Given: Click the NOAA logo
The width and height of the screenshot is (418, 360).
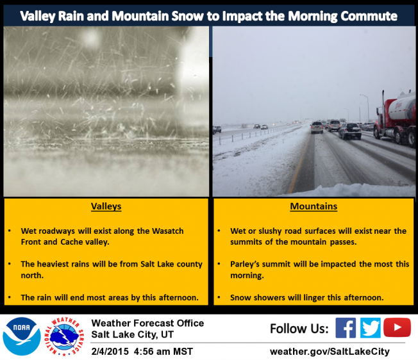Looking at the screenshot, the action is (22, 336).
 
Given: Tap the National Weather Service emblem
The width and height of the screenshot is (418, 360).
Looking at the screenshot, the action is (64, 336).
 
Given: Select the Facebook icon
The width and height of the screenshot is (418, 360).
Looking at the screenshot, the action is (346, 328).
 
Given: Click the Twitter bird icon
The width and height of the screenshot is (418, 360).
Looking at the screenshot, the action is (371, 328).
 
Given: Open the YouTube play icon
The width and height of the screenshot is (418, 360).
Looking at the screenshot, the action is (397, 327).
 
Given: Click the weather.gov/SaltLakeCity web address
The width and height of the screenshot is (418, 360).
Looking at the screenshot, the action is (330, 352).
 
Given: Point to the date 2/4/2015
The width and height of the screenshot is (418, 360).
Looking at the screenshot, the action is (110, 352).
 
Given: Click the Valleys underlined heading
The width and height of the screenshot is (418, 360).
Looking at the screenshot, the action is (106, 206).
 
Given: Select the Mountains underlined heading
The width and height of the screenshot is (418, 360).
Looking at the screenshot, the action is (313, 206).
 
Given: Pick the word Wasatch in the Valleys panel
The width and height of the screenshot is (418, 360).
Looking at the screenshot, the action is (168, 231).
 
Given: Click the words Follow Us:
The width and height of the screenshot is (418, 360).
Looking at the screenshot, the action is (299, 329).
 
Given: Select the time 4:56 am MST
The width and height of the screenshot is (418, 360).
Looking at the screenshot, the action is (163, 352).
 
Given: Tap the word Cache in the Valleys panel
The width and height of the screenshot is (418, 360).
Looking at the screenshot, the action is (71, 241).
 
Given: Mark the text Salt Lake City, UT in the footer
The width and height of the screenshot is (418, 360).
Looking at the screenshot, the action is (133, 334).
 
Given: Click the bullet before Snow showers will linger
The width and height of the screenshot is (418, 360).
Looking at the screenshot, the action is (219, 297).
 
